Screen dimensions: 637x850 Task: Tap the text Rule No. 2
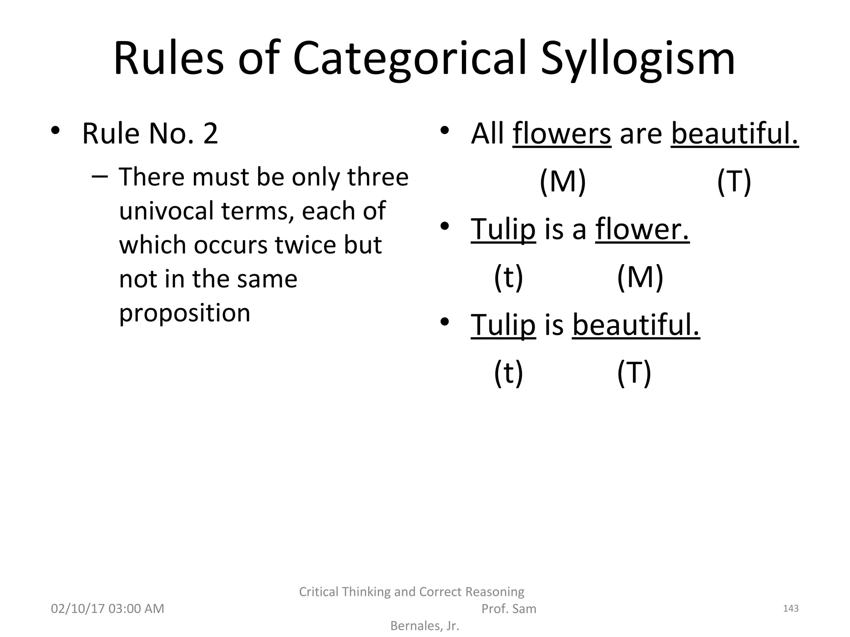click(150, 134)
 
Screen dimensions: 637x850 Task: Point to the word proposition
click(185, 313)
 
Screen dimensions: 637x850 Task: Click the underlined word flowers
click(562, 134)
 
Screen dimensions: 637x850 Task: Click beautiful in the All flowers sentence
click(735, 134)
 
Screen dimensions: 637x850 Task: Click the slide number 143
click(790, 608)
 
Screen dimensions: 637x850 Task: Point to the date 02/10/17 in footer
click(77, 608)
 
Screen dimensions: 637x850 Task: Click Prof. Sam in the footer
click(508, 608)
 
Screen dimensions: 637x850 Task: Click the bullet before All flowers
click(445, 131)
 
